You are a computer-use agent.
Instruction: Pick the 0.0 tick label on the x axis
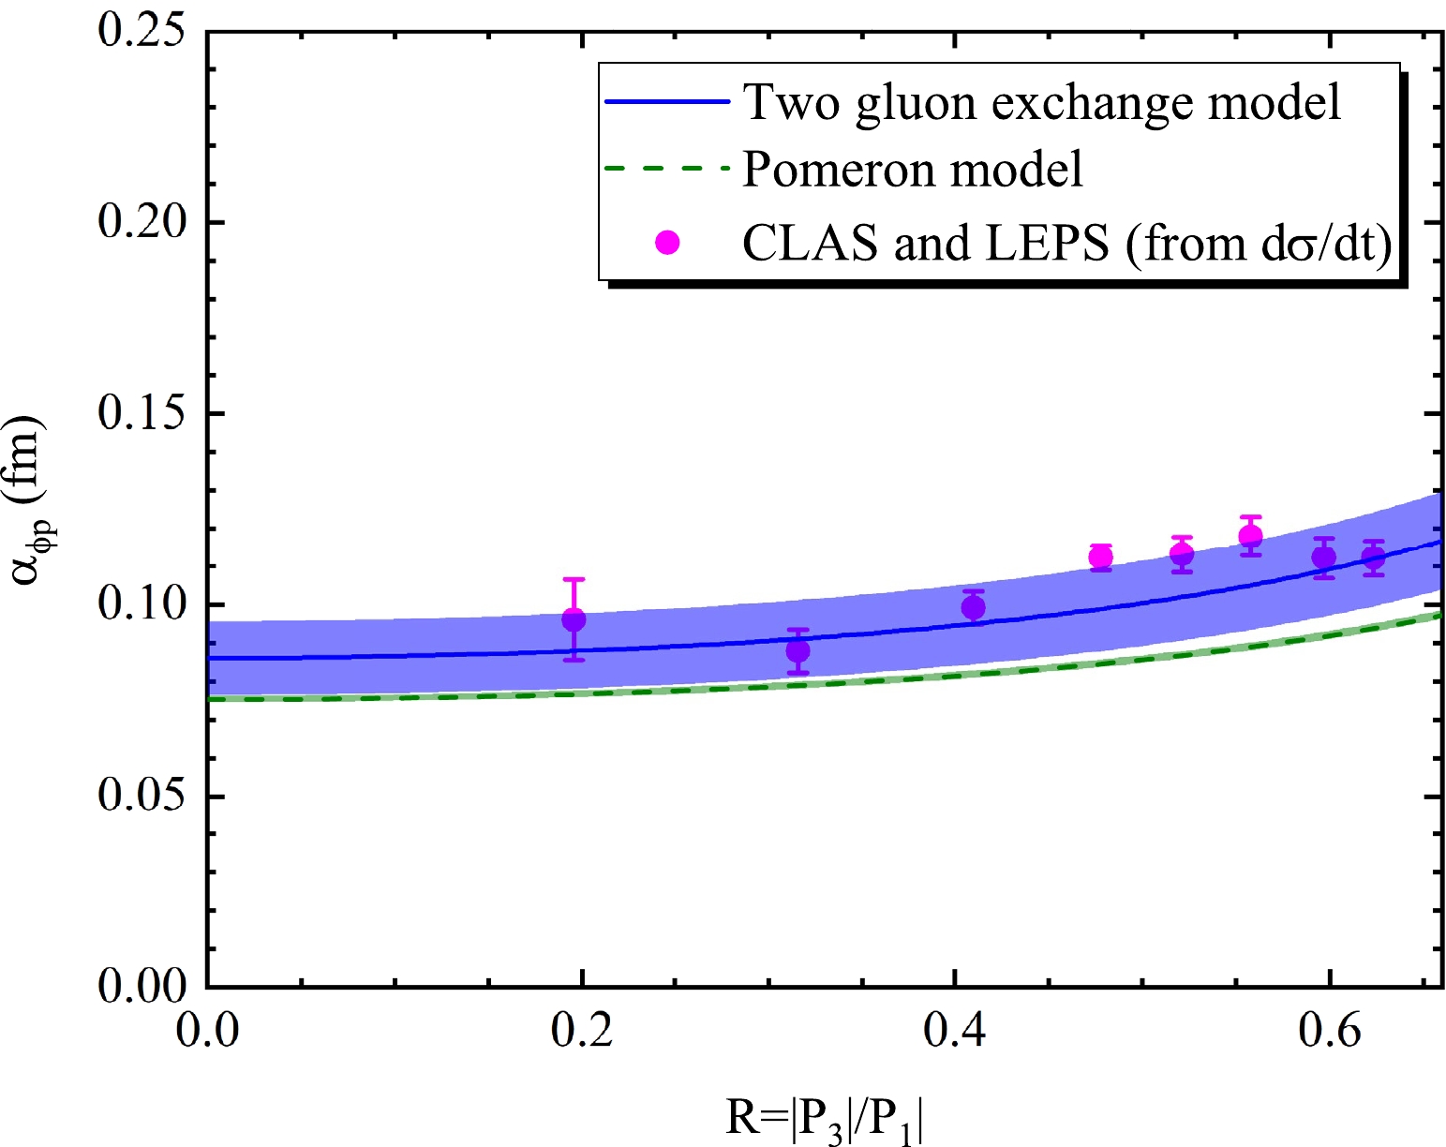pos(207,1031)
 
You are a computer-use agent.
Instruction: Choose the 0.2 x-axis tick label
pos(581,1031)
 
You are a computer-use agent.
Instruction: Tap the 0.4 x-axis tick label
pos(954,1031)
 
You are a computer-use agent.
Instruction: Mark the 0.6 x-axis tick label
pos(1329,1031)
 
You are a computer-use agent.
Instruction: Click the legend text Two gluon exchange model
pos(1042,101)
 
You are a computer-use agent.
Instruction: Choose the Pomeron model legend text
pos(913,170)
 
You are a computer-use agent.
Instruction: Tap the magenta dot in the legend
pos(667,243)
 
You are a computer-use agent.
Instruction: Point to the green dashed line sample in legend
pos(666,170)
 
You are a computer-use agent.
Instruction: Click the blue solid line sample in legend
pos(666,101)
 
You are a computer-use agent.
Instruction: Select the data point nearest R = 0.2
pos(574,619)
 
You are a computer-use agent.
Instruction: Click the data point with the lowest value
pos(798,650)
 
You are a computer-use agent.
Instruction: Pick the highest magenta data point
pos(1250,536)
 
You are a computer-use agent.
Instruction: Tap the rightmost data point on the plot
pos(1373,559)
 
